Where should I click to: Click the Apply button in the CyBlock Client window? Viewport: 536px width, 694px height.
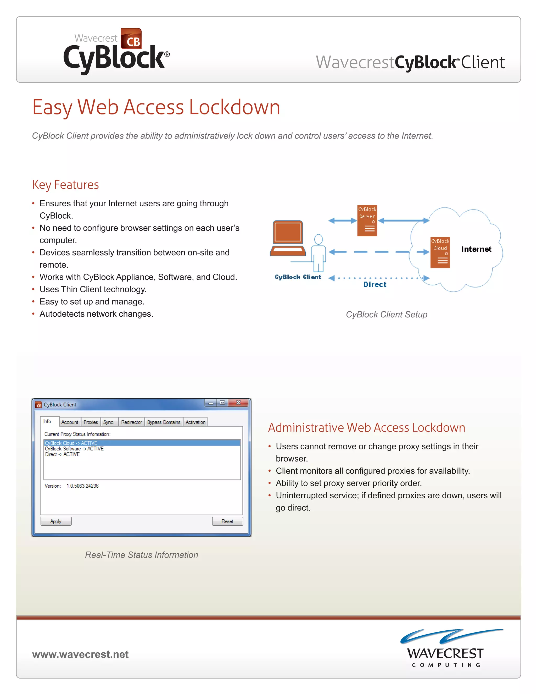pyautogui.click(x=56, y=521)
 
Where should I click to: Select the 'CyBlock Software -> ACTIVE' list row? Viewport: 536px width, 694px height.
pyautogui.click(x=74, y=449)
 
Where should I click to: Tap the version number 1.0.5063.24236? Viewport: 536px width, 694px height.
pyautogui.click(x=82, y=486)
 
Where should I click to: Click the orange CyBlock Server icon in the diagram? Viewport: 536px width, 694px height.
pyautogui.click(x=367, y=221)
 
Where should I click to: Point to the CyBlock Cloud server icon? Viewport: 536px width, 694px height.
pyautogui.click(x=440, y=253)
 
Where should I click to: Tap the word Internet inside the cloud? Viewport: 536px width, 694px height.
pyautogui.click(x=476, y=249)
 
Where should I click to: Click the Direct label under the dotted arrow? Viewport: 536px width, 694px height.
pyautogui.click(x=375, y=285)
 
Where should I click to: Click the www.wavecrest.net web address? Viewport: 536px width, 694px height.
pyautogui.click(x=80, y=654)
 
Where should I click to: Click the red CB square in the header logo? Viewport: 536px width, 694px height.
pyautogui.click(x=131, y=38)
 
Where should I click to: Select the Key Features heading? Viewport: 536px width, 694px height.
pyautogui.click(x=65, y=185)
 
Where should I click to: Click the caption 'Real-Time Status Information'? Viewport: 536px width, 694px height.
pyautogui.click(x=141, y=555)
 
